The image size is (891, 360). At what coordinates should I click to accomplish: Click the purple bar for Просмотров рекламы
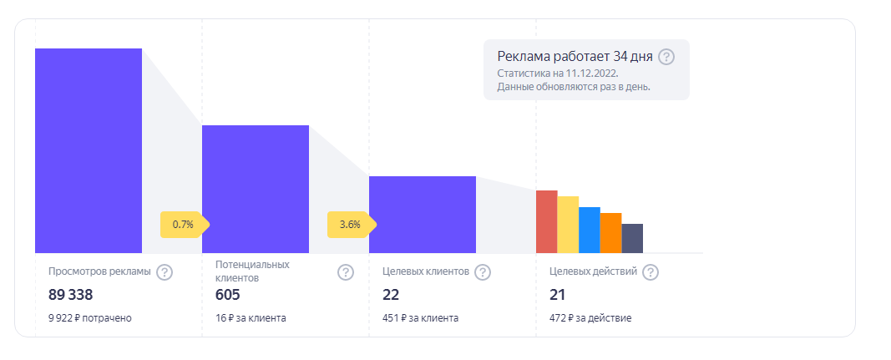pyautogui.click(x=89, y=150)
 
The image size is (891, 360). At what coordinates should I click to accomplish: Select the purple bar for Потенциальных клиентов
pyautogui.click(x=256, y=189)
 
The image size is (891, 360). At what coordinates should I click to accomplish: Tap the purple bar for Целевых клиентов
pyautogui.click(x=423, y=215)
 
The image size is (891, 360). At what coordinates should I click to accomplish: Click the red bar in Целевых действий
pyautogui.click(x=546, y=221)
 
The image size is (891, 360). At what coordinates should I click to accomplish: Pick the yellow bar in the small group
pyautogui.click(x=568, y=225)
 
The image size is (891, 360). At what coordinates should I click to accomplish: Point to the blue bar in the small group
pyautogui.click(x=590, y=230)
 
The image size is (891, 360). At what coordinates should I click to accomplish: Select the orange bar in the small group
pyautogui.click(x=610, y=233)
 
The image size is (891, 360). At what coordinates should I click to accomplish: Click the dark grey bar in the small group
pyautogui.click(x=632, y=238)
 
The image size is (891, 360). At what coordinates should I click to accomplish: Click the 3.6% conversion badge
pyautogui.click(x=350, y=224)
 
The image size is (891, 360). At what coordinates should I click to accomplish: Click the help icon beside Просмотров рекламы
pyautogui.click(x=165, y=272)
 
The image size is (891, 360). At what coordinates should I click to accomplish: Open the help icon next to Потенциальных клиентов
pyautogui.click(x=345, y=272)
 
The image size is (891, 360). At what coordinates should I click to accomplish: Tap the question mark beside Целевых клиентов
pyautogui.click(x=482, y=272)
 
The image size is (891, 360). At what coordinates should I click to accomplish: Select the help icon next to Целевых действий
pyautogui.click(x=651, y=272)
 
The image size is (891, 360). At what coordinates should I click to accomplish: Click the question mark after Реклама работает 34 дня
pyautogui.click(x=666, y=57)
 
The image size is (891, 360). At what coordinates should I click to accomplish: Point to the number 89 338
pyautogui.click(x=70, y=295)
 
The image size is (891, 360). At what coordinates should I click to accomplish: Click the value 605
pyautogui.click(x=227, y=295)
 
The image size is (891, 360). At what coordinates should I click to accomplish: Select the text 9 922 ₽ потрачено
pyautogui.click(x=90, y=317)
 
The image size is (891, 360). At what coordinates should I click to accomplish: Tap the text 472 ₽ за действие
pyautogui.click(x=590, y=317)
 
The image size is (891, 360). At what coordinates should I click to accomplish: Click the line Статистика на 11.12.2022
pyautogui.click(x=557, y=74)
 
